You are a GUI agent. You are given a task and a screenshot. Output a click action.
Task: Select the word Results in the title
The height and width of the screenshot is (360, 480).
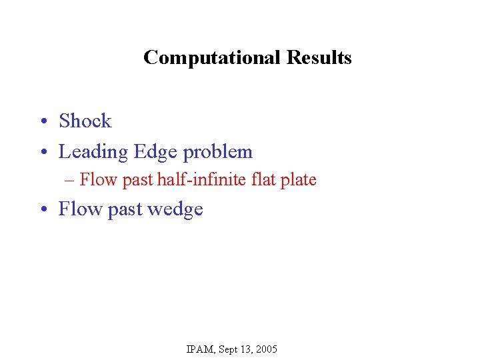tap(319, 58)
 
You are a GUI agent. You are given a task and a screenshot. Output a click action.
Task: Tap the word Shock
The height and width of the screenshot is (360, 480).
tap(85, 121)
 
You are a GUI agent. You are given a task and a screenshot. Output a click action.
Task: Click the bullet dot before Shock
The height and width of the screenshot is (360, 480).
tap(42, 122)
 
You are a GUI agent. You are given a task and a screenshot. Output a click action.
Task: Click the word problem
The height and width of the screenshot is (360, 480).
tap(218, 153)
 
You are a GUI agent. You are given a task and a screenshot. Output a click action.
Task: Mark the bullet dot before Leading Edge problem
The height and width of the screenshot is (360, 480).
tap(42, 153)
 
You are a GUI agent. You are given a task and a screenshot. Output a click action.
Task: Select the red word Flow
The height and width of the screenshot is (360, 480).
tap(99, 180)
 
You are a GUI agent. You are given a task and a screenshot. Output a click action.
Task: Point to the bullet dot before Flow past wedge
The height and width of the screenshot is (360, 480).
tap(42, 210)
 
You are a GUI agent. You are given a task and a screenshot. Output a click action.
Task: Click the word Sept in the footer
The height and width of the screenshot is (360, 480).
tap(231, 349)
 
